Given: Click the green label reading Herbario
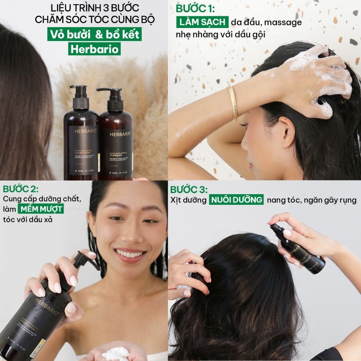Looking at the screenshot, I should pos(95,49).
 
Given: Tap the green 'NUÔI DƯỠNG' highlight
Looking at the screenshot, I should pos(236,200).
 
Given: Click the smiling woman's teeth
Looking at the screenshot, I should pos(130,254).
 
